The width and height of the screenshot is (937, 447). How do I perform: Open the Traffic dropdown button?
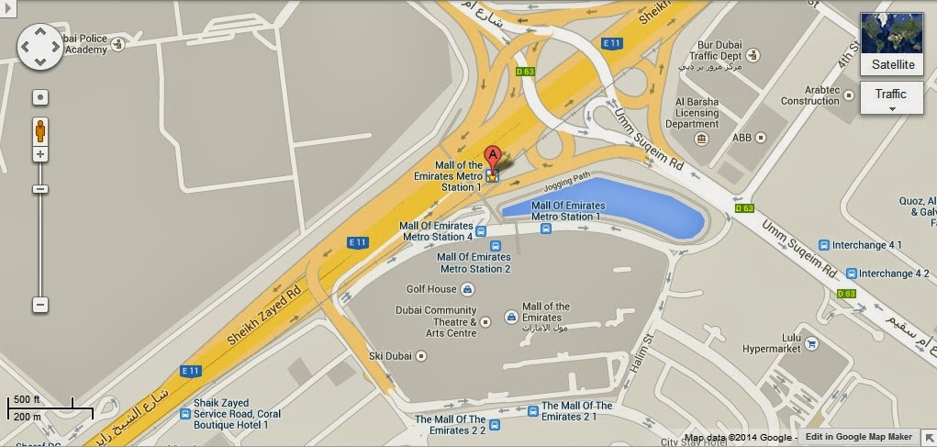(x=890, y=97)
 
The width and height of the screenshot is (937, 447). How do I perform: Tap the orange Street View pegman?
(x=40, y=129)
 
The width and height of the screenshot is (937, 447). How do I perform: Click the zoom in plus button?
(x=40, y=154)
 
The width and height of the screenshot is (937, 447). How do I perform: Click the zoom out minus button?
(x=40, y=304)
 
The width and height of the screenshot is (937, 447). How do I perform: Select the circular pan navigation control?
(x=40, y=47)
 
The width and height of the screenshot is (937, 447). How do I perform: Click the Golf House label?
(x=431, y=289)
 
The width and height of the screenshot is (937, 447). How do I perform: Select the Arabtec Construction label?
(x=810, y=95)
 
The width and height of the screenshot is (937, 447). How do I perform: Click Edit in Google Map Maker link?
(x=864, y=438)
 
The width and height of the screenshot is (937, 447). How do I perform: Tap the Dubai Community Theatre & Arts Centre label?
(x=436, y=321)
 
